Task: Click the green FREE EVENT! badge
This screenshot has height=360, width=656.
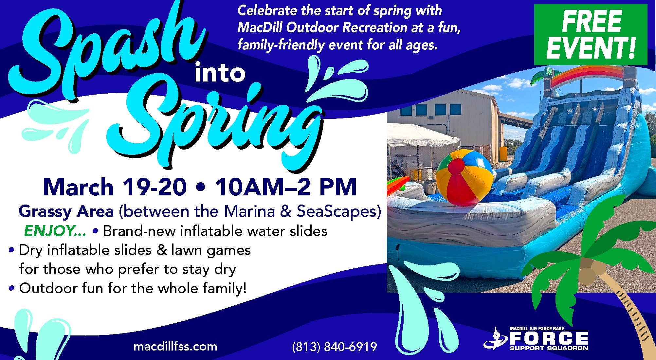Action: point(591,34)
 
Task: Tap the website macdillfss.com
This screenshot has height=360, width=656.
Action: point(175,346)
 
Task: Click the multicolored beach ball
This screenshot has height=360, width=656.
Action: point(464,177)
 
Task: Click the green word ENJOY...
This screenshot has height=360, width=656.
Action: point(55,231)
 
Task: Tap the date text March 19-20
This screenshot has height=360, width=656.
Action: point(115,187)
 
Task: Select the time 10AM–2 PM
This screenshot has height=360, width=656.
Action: point(286,187)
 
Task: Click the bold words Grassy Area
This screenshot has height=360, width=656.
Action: point(66,212)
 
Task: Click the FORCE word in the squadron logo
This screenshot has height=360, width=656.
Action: point(549,338)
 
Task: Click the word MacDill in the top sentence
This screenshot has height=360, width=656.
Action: point(260,27)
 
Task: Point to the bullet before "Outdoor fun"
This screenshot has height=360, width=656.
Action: point(12,289)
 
